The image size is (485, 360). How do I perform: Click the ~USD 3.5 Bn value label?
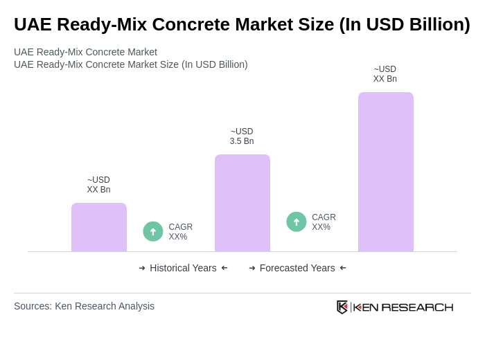pyautogui.click(x=242, y=136)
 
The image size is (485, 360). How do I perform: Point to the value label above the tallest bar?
pyautogui.click(x=385, y=74)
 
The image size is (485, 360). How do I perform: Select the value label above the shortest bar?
pyautogui.click(x=98, y=185)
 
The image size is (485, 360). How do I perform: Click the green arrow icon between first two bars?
pyautogui.click(x=153, y=231)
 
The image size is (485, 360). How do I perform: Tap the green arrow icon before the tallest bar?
pyautogui.click(x=297, y=222)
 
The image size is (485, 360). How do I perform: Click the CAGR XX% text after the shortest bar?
pyautogui.click(x=180, y=232)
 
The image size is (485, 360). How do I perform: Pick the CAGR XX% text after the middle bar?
pyautogui.click(x=324, y=222)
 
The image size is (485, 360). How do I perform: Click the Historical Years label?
pyautogui.click(x=183, y=268)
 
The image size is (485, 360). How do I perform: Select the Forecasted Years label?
pyautogui.click(x=297, y=268)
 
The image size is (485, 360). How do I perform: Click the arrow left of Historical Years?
pyautogui.click(x=142, y=268)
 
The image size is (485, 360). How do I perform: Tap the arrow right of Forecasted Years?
pyautogui.click(x=343, y=268)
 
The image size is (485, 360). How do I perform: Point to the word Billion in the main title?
pyautogui.click(x=433, y=24)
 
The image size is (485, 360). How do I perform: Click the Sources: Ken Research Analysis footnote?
pyautogui.click(x=84, y=306)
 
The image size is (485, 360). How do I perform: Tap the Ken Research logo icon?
pyautogui.click(x=342, y=307)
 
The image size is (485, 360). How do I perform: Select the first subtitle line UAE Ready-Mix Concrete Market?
pyautogui.click(x=85, y=52)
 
